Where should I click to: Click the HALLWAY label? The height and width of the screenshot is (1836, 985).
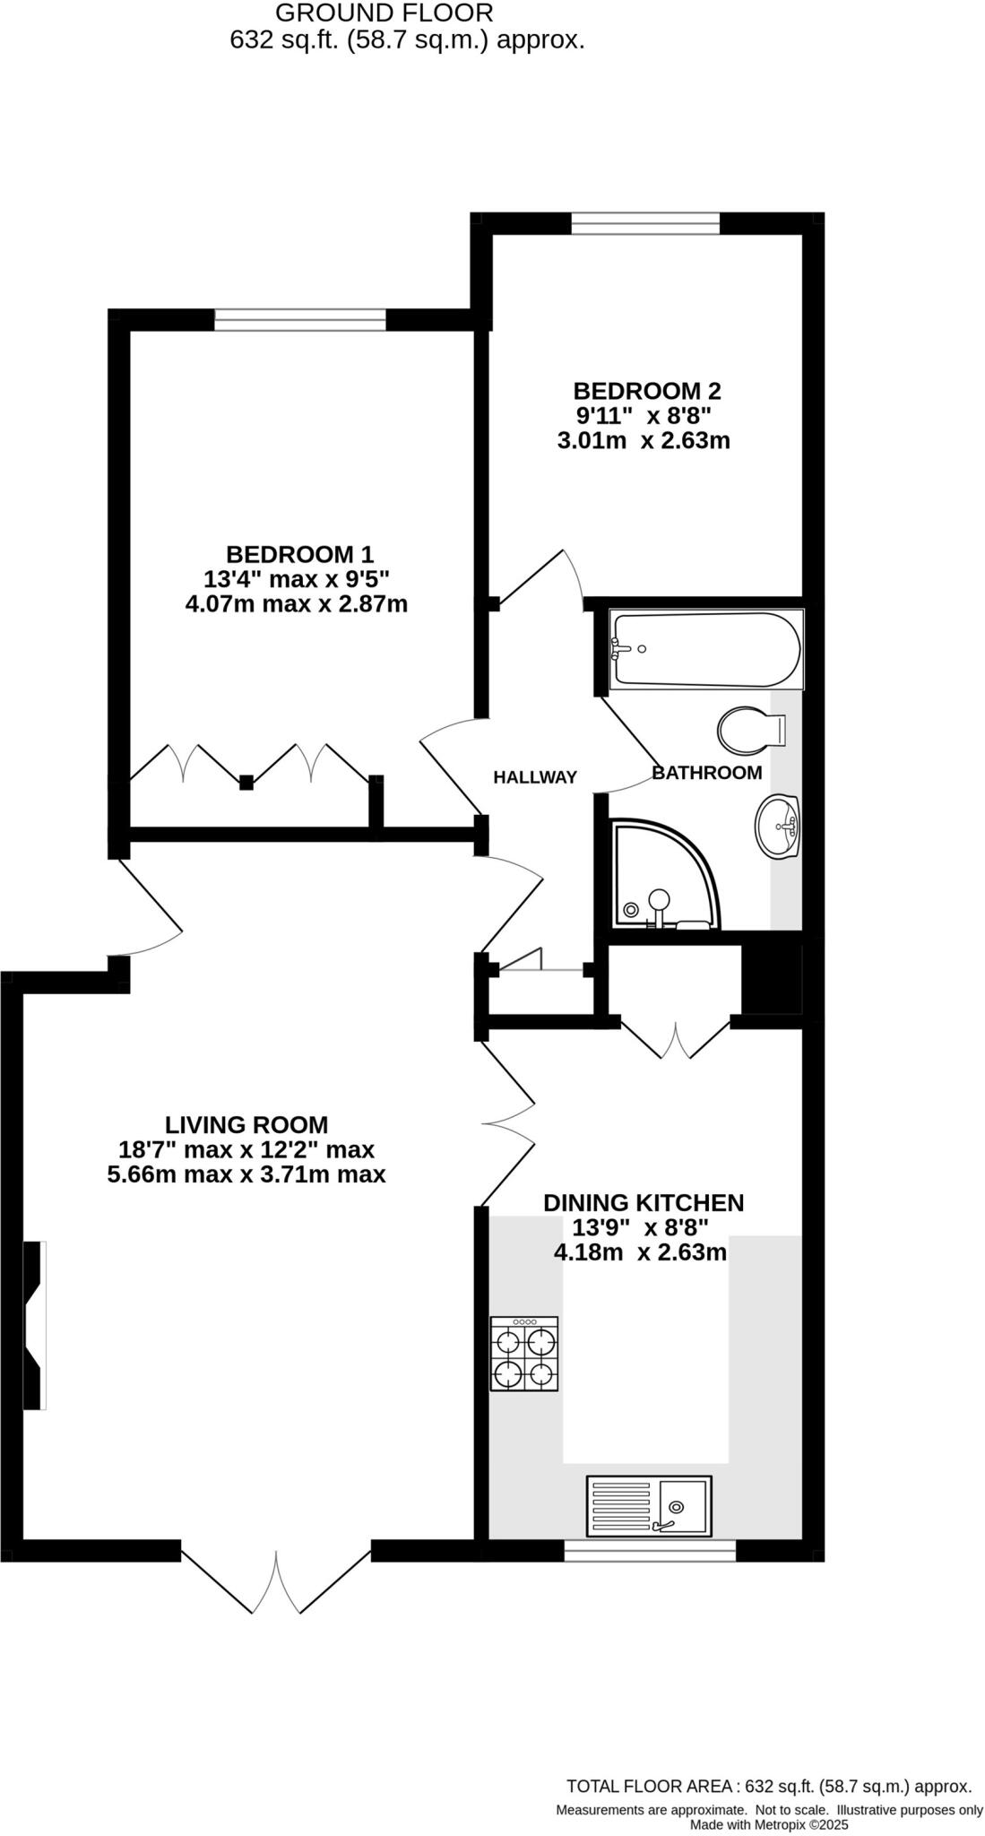click(535, 777)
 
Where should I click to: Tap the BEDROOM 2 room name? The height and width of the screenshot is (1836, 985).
click(647, 391)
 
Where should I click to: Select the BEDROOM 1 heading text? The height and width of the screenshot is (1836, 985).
click(299, 554)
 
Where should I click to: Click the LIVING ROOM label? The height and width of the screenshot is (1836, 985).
click(246, 1124)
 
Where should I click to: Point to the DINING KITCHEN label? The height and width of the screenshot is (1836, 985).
click(644, 1202)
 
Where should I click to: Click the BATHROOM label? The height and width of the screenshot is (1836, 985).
click(706, 772)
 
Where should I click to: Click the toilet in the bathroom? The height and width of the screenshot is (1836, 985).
click(750, 730)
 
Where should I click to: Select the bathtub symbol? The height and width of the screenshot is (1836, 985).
click(706, 650)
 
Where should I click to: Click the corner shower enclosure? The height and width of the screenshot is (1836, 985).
click(663, 875)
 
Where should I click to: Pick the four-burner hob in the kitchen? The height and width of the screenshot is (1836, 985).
click(524, 1353)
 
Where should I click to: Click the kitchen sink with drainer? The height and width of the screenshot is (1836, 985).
click(648, 1505)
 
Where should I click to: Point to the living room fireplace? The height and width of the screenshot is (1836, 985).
click(34, 1325)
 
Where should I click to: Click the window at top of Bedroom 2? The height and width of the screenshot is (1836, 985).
click(645, 223)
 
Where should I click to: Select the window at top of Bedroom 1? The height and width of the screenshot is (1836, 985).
click(300, 320)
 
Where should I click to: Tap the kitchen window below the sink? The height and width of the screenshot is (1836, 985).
click(650, 1550)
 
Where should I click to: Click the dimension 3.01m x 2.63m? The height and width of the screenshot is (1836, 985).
click(644, 441)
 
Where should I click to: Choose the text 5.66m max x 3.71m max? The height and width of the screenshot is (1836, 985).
click(246, 1174)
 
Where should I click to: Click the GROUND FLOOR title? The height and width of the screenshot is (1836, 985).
click(384, 13)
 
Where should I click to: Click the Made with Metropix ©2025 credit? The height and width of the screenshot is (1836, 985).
click(768, 1824)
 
